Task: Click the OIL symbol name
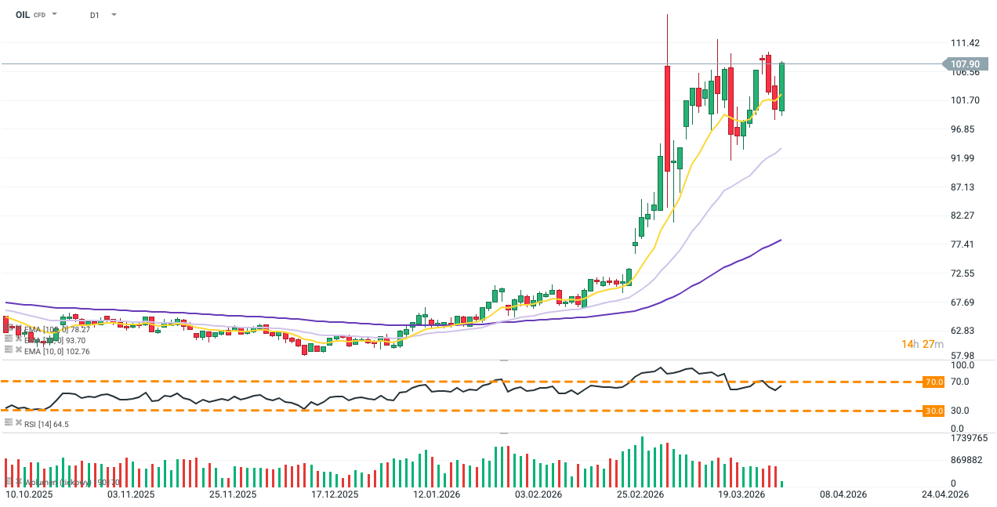[23, 15]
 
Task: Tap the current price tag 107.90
[964, 64]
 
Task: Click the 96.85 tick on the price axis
[963, 129]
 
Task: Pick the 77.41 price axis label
[963, 244]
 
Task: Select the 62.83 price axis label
[963, 331]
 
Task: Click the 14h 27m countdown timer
[922, 344]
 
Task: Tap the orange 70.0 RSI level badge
[933, 382]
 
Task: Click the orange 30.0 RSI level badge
[933, 411]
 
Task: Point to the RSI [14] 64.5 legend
[45, 424]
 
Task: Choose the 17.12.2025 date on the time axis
[335, 494]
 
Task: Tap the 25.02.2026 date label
[640, 494]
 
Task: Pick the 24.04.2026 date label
[946, 494]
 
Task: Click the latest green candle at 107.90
[782, 86]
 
